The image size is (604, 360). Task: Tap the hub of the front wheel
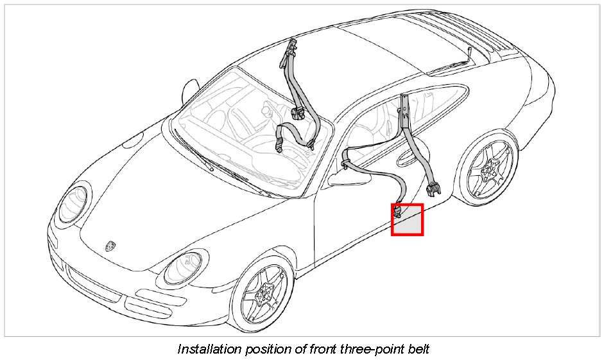pyautogui.click(x=263, y=296)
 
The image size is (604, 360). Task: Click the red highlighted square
pyautogui.click(x=407, y=219)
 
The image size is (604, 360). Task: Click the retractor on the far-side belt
pyautogui.click(x=297, y=114)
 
